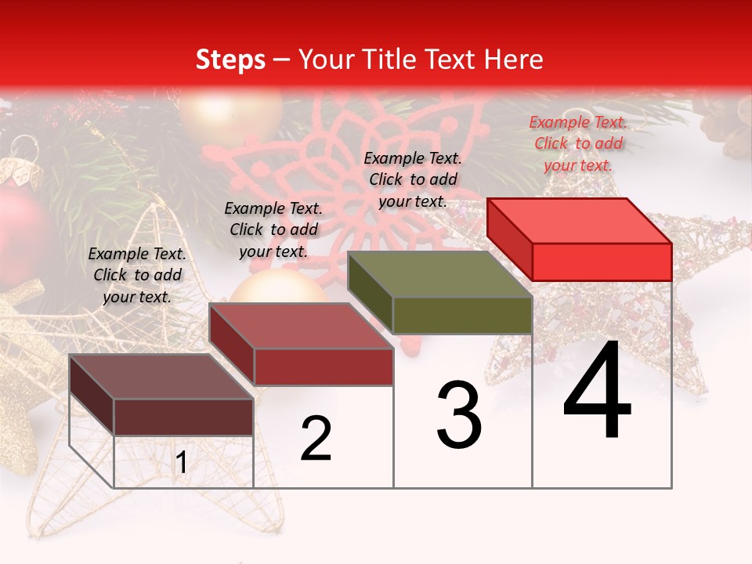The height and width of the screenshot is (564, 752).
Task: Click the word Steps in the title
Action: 230,60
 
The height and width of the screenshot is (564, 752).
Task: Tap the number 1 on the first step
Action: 182,463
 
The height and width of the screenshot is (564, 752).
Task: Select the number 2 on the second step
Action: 316,439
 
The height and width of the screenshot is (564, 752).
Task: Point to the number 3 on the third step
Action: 459,415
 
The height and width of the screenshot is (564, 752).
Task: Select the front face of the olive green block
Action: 462,316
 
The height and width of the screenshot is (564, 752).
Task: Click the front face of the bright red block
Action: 602,262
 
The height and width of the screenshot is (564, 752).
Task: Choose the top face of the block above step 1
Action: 161,377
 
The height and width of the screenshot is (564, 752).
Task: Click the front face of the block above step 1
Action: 183,417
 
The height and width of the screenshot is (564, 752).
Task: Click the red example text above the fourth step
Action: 578,143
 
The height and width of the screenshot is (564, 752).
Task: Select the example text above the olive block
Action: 413,179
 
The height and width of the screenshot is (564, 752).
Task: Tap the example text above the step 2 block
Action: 273,230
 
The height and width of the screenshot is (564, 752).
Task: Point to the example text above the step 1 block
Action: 137,275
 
